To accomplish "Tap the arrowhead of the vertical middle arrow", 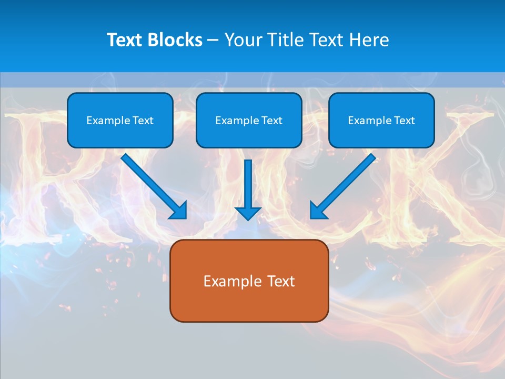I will click(248, 213).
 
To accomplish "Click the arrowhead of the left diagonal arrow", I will click(179, 211).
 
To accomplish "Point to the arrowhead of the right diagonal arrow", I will click(318, 211).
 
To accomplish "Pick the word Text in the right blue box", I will click(405, 121).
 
